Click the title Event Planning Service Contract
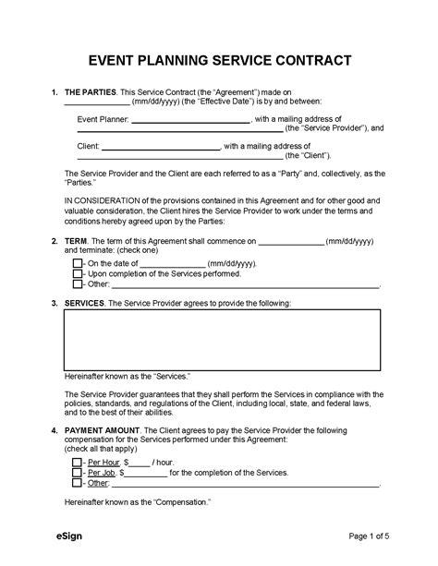point(219,62)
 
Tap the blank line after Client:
point(165,147)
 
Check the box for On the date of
point(77,263)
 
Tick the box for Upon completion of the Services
point(77,274)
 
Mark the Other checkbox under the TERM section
point(77,286)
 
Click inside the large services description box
point(222,339)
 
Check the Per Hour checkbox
point(77,461)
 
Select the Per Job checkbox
point(77,472)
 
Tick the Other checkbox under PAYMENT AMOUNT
point(77,484)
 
